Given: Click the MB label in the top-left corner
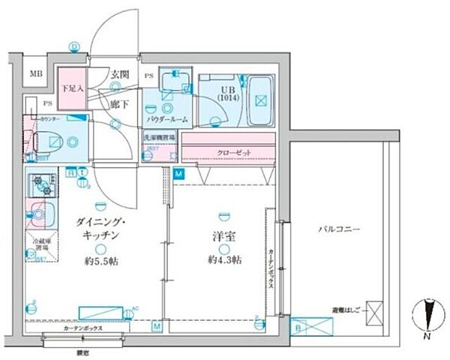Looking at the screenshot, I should point(35,74).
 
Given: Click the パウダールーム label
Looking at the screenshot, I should point(166,118).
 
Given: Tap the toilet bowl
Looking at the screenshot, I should point(44,139).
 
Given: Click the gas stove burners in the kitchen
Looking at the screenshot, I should point(40,183).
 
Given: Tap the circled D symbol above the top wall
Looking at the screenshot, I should point(73,46).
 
